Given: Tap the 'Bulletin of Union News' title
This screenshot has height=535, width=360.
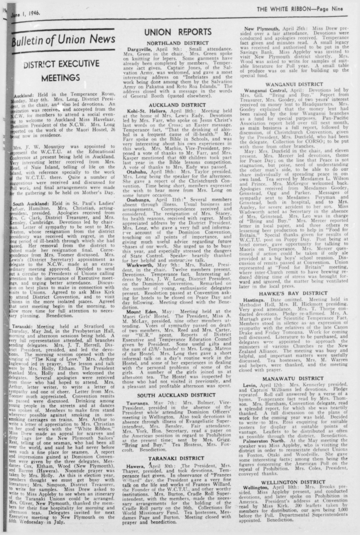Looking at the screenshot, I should click(64, 40).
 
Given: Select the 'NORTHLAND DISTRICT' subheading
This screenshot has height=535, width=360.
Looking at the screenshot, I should click(178, 43).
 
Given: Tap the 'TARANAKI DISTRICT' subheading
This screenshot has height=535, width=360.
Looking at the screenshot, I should click(176, 458).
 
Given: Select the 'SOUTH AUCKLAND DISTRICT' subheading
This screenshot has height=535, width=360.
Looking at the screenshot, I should click(176, 395).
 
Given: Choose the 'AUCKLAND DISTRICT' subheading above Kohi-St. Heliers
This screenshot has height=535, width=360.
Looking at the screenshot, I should click(177, 105).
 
